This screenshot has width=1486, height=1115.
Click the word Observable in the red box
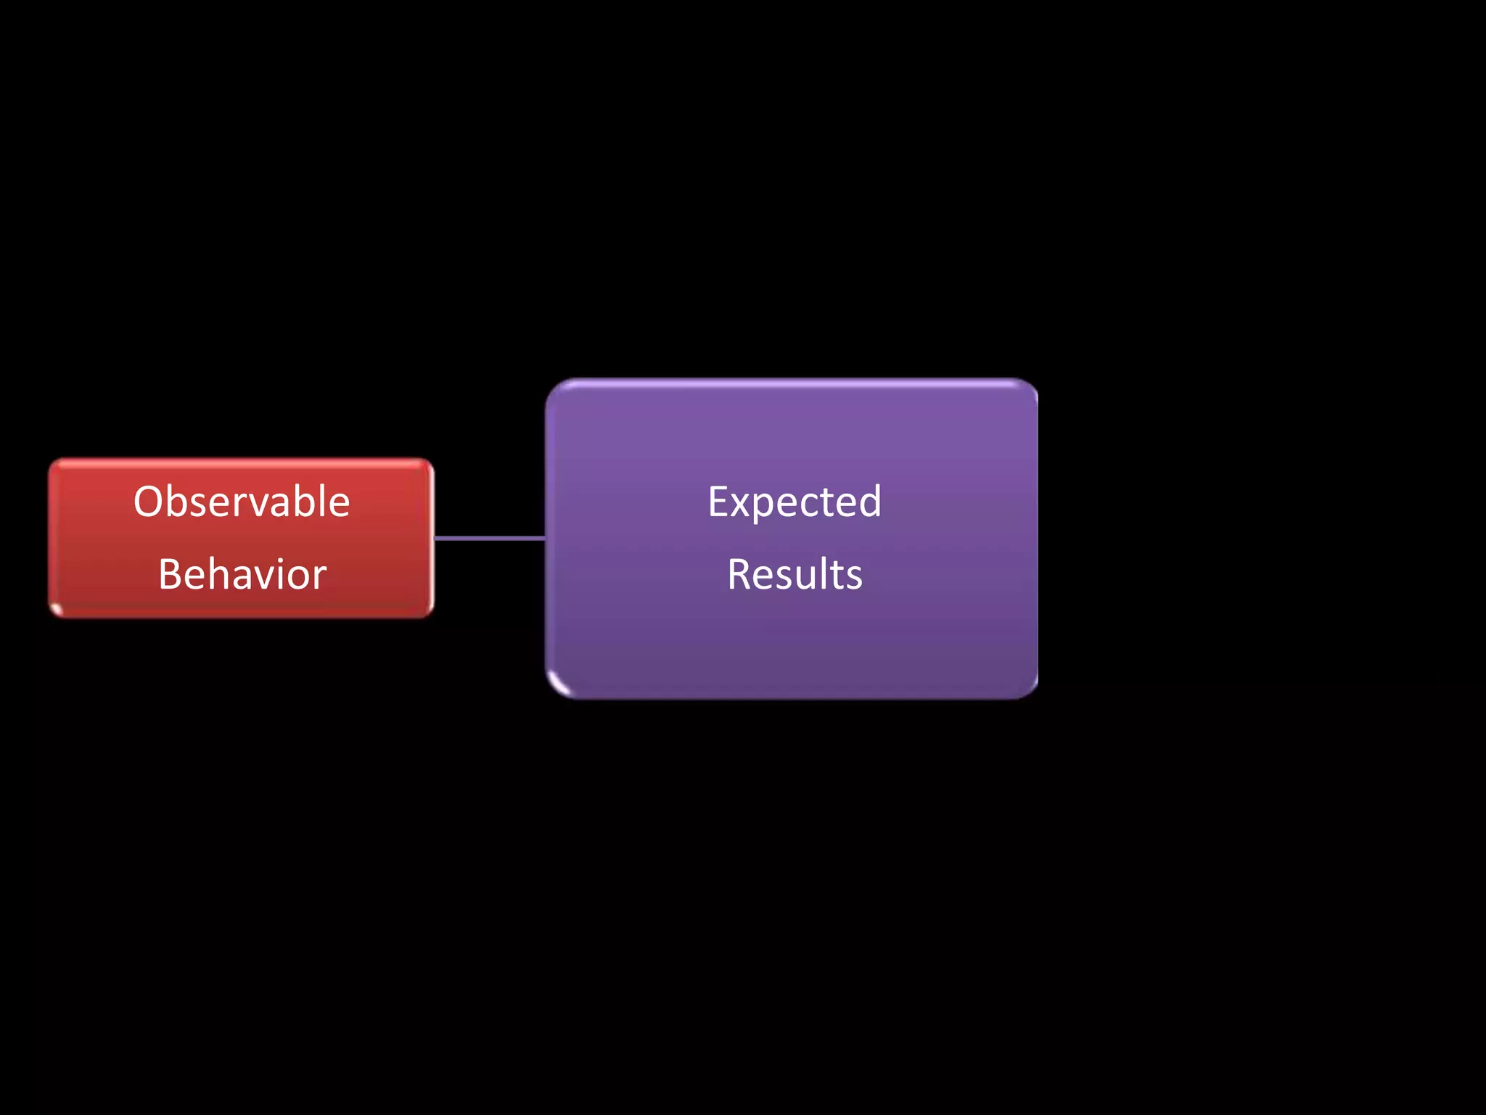(x=242, y=502)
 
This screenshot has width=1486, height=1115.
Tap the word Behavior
(x=242, y=574)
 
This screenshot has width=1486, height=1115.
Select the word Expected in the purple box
(x=795, y=502)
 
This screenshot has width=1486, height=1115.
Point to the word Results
(x=795, y=574)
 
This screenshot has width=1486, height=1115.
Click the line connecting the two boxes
(x=490, y=538)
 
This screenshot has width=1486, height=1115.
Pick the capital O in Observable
(x=149, y=502)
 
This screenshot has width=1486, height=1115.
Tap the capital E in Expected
(x=718, y=502)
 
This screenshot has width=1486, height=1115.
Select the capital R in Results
(x=740, y=574)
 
